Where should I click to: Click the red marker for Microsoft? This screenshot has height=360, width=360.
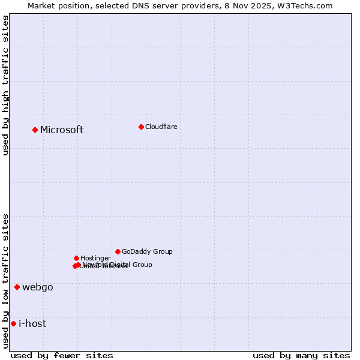click(x=35, y=130)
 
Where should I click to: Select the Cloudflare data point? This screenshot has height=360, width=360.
click(x=141, y=127)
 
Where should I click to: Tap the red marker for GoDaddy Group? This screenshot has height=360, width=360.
click(x=118, y=251)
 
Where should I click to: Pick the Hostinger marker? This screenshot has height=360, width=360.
click(x=76, y=258)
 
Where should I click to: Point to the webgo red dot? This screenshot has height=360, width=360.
click(x=17, y=287)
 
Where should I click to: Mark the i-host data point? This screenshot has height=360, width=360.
click(x=13, y=323)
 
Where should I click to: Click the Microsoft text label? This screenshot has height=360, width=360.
click(x=62, y=130)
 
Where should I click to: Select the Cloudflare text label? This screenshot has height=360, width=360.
click(x=161, y=127)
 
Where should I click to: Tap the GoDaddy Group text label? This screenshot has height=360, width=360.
click(x=147, y=252)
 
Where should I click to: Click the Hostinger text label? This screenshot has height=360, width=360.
click(x=95, y=259)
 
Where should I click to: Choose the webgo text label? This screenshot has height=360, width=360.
click(x=38, y=287)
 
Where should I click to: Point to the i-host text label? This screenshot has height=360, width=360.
click(x=32, y=324)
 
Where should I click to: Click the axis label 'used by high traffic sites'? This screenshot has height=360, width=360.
click(x=5, y=85)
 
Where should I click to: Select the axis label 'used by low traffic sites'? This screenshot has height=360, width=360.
click(x=5, y=280)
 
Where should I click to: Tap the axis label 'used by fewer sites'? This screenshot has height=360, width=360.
click(x=62, y=355)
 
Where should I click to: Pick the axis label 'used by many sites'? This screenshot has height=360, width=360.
click(x=301, y=355)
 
